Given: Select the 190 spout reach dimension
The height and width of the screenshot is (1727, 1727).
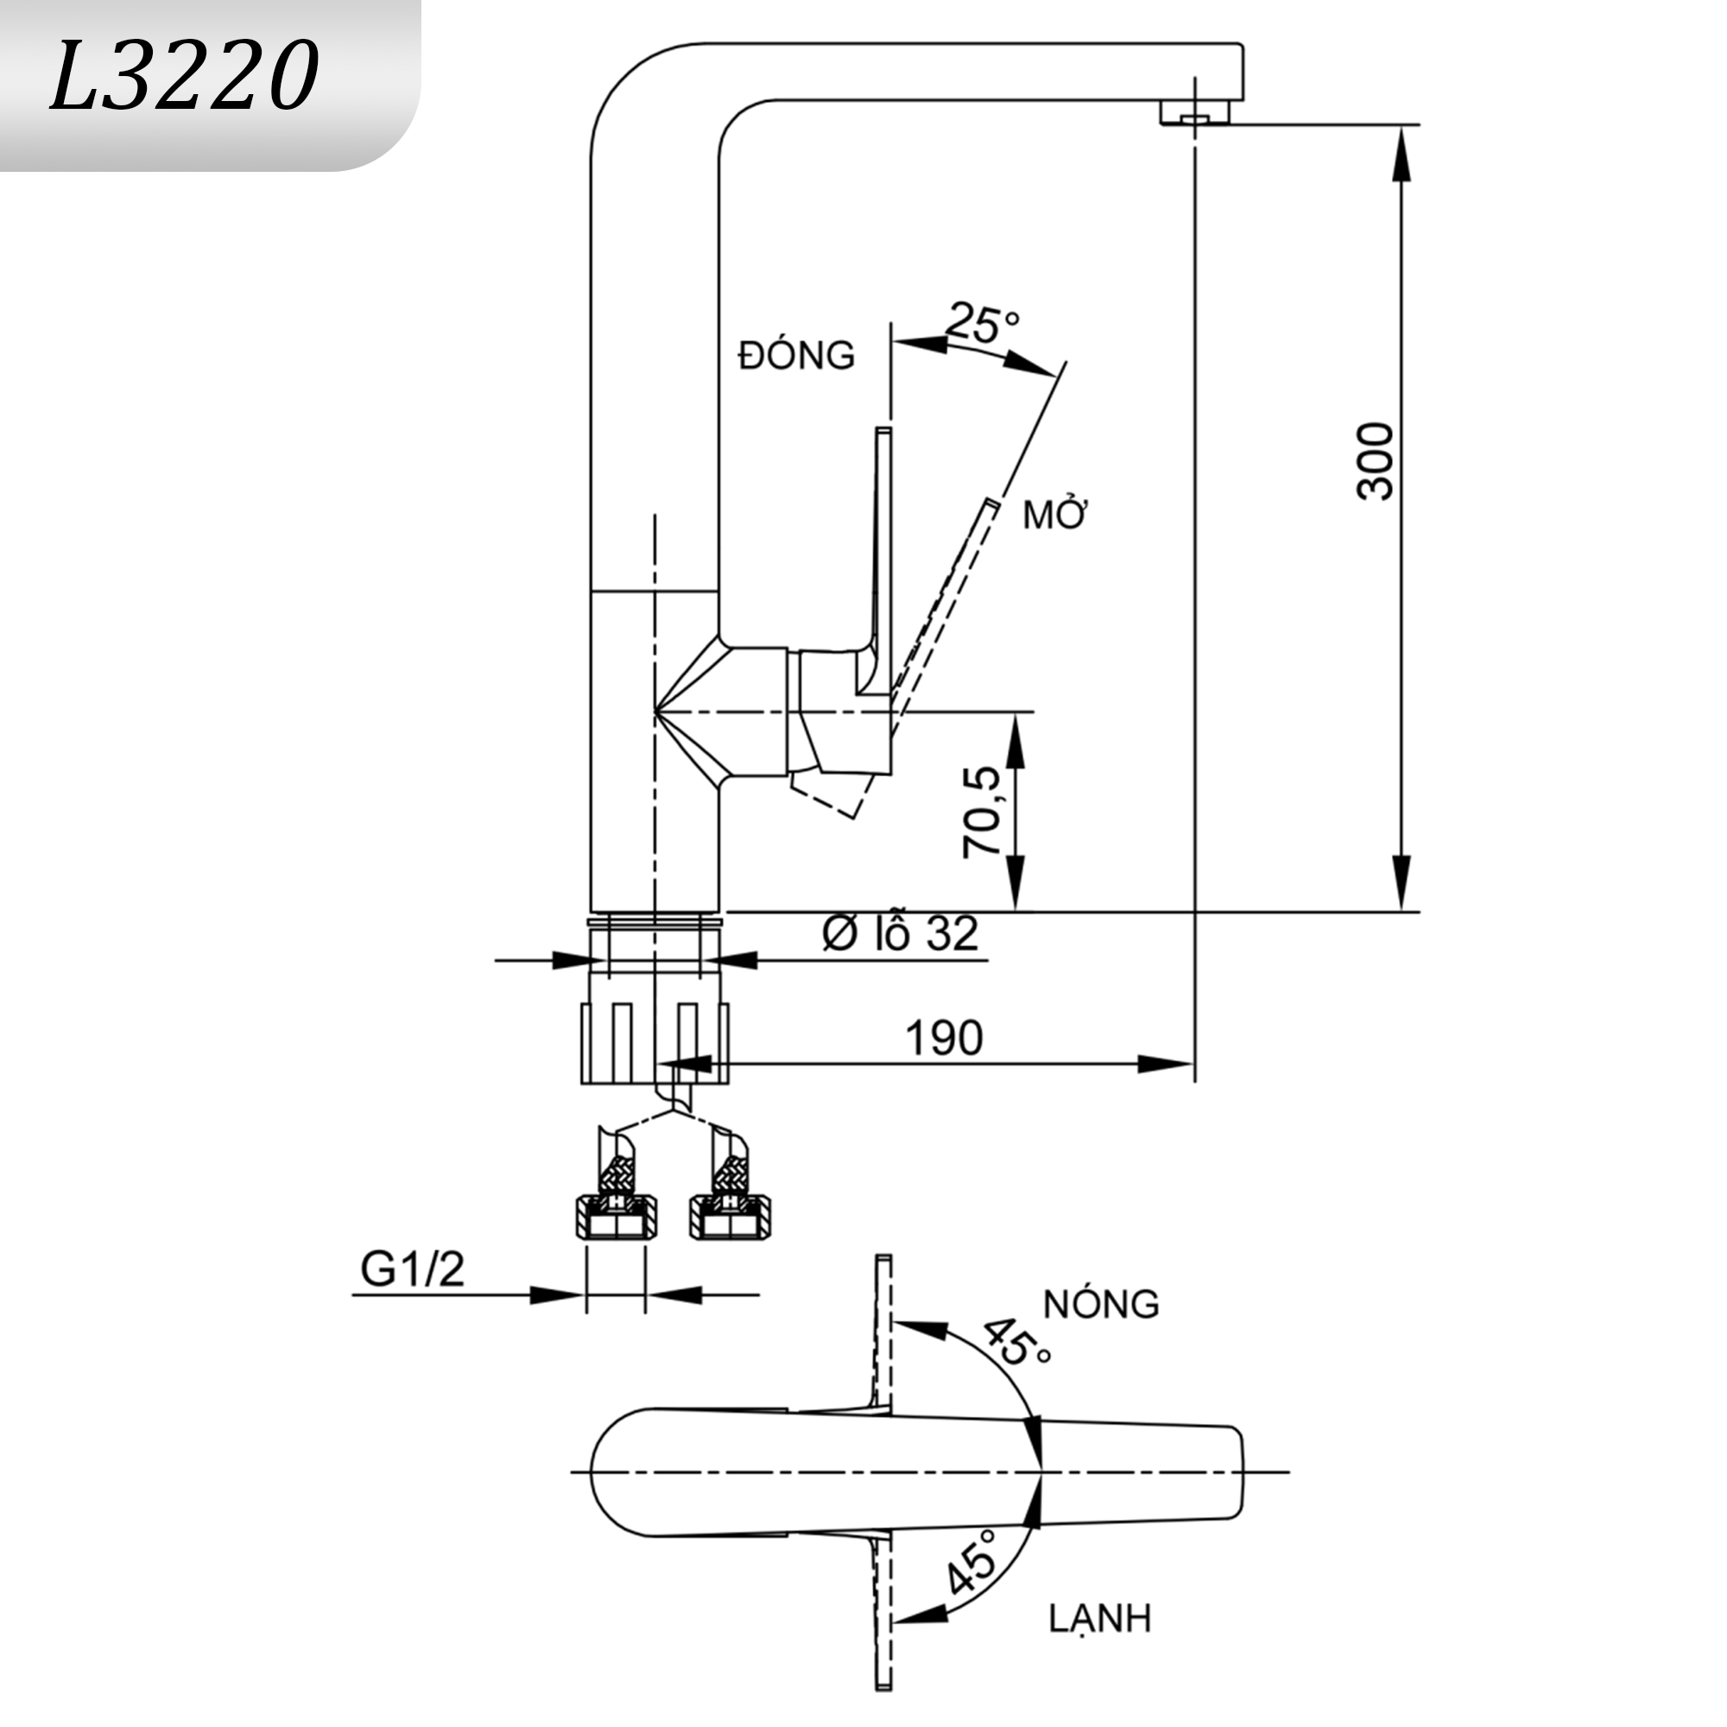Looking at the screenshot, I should (x=943, y=1038).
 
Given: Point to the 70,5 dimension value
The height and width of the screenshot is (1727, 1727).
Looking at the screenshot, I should (x=982, y=812).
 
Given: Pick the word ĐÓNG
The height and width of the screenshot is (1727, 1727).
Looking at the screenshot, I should (x=795, y=356).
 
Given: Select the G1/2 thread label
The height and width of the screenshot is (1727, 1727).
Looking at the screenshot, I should (x=412, y=1268).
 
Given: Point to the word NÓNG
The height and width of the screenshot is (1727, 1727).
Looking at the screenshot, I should (x=1100, y=1304).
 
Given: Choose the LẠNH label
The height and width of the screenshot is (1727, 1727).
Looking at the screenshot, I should (x=1099, y=1618).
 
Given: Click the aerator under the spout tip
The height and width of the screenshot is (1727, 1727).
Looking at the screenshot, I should (x=1194, y=113).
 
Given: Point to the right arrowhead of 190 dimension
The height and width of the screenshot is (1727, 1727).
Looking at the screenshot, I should (x=1166, y=1064).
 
